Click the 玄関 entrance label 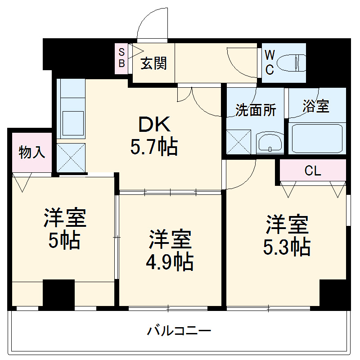coord(154,63)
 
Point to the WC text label coord(269,62)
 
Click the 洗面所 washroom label coord(256,110)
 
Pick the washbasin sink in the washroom coord(270,143)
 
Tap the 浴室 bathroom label coord(316,107)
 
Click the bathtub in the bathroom coord(316,139)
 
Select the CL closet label coord(312,171)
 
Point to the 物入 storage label coord(32,153)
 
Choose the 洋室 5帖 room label coord(64,229)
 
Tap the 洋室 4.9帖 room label coord(170,250)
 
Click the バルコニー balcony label coord(179,332)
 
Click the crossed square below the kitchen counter coord(71,157)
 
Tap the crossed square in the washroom coord(238,142)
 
